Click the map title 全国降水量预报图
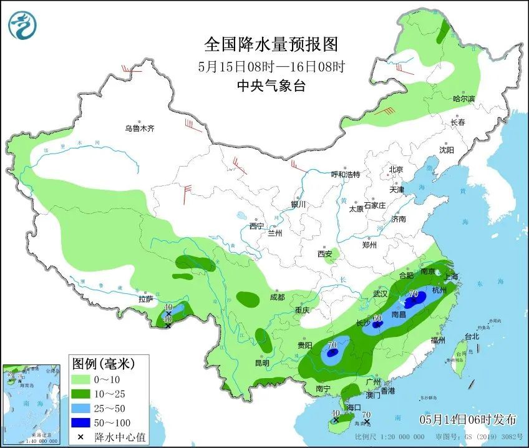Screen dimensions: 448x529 (x=271, y=44)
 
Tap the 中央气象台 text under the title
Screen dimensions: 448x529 (x=271, y=86)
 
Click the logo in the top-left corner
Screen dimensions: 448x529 (x=22, y=26)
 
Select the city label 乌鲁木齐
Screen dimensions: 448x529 (x=138, y=129)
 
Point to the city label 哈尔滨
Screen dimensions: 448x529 (x=463, y=99)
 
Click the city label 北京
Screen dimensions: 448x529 (x=396, y=170)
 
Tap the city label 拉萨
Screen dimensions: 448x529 (x=145, y=299)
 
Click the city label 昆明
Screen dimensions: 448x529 (x=261, y=363)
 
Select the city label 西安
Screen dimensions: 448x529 (x=325, y=254)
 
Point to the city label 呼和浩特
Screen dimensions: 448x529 (x=345, y=175)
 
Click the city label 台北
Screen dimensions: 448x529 (x=472, y=336)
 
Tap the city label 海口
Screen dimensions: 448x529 (x=354, y=407)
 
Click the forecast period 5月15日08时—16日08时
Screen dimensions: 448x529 (x=271, y=66)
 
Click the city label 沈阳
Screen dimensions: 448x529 (x=446, y=150)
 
